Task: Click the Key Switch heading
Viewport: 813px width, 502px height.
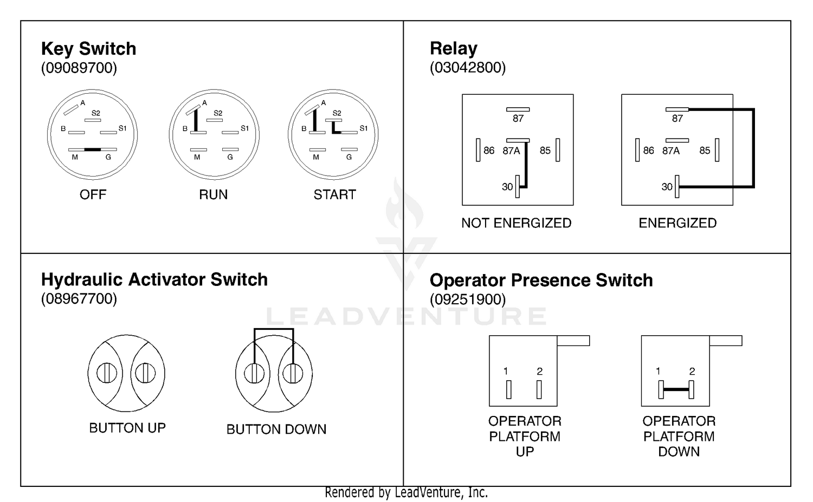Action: [88, 49]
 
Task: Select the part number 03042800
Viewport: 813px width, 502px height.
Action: [467, 68]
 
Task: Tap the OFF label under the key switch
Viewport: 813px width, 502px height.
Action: [93, 195]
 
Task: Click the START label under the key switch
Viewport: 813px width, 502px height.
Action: [334, 195]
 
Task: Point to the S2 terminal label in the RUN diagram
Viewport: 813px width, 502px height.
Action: [218, 113]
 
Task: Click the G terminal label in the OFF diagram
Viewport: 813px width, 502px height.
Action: [108, 157]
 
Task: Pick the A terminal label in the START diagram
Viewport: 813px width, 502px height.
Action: [324, 103]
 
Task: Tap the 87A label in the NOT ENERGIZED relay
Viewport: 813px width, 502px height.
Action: [511, 151]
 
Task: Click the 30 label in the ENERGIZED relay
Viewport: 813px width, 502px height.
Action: [667, 187]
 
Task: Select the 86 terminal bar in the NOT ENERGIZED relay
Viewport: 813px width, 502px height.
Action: [478, 150]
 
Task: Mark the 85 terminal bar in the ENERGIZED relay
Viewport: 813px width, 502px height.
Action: [717, 150]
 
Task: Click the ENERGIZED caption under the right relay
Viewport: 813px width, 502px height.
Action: [677, 223]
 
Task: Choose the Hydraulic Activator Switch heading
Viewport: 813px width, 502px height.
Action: [154, 279]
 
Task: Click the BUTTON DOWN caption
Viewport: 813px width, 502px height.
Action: [276, 429]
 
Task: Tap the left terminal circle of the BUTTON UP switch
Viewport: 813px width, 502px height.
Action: [107, 373]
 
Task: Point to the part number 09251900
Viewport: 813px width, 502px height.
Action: [467, 299]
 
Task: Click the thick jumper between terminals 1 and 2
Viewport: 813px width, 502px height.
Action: [676, 389]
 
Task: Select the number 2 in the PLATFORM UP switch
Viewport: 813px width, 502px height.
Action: [540, 371]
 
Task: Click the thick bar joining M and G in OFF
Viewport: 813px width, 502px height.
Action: [93, 149]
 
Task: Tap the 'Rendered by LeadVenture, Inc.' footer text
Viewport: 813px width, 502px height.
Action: [406, 493]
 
